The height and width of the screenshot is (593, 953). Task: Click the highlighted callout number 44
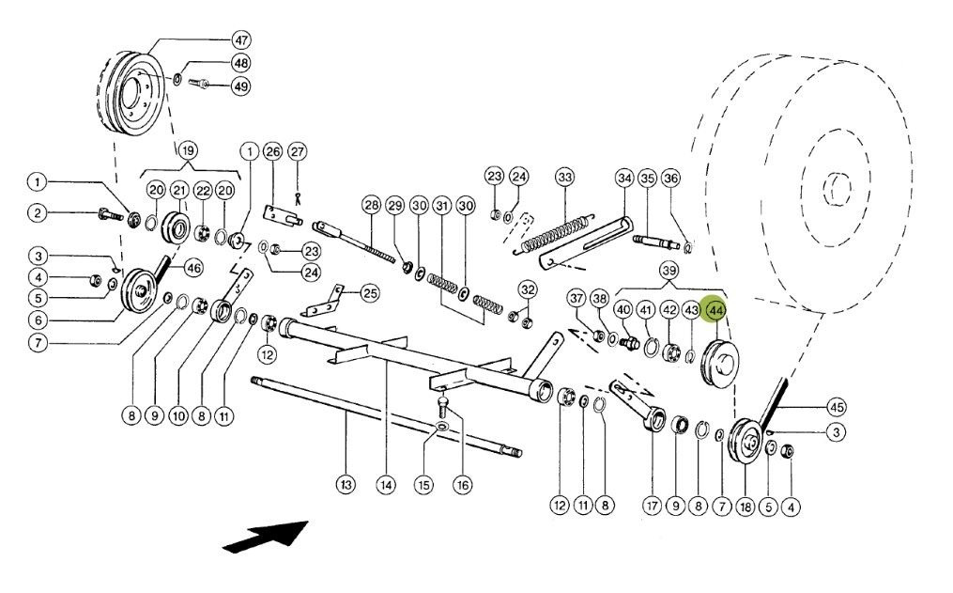click(716, 310)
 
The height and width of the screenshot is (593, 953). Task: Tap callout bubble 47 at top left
click(241, 40)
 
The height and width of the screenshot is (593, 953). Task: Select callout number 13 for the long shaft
click(346, 485)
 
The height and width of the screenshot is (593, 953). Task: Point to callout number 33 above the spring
click(564, 177)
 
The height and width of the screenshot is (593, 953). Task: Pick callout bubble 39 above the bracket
click(669, 270)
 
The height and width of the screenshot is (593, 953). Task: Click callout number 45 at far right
click(836, 407)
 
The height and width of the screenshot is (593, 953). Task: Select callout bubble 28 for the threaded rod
click(371, 206)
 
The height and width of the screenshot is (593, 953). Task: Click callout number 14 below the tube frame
click(384, 485)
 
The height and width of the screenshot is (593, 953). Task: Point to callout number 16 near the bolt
click(462, 485)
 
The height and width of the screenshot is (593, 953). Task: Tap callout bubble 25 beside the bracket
click(370, 294)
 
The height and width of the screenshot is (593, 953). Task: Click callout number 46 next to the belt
click(192, 268)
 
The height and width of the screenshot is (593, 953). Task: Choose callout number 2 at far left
click(37, 213)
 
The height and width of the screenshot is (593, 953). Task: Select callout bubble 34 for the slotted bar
click(624, 177)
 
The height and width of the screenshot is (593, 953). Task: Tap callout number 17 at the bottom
click(652, 506)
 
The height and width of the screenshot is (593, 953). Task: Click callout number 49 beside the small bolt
click(241, 86)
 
